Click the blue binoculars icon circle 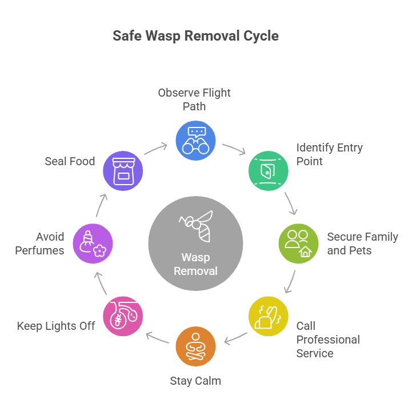(195, 141)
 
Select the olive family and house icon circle (298, 244)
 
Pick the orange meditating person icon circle (195, 346)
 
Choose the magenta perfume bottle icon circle (93, 244)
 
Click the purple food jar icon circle (122, 170)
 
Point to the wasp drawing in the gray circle (196, 225)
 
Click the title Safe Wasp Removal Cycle (195, 36)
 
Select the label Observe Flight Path (194, 99)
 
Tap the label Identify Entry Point (329, 154)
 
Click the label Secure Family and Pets (362, 244)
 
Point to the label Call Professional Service (327, 340)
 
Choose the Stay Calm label (195, 381)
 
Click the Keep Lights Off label (55, 326)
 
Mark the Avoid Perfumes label (40, 244)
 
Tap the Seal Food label (70, 161)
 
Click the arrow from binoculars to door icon (234, 149)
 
